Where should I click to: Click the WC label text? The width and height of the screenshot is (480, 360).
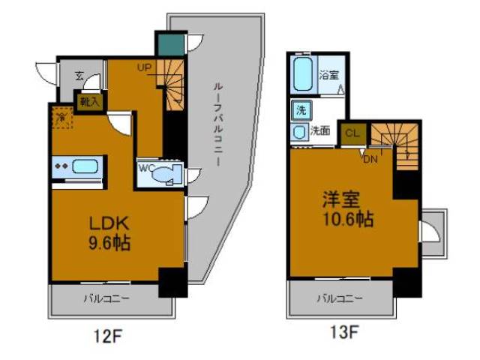145,167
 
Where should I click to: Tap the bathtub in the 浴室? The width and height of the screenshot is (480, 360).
304,74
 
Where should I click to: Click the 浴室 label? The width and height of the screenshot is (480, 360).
328,75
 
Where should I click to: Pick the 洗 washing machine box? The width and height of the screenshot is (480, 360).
301,109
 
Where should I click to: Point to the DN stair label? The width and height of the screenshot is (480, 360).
370,159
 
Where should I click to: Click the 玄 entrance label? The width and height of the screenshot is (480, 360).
80,74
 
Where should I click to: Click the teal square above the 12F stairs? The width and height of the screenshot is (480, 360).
165,43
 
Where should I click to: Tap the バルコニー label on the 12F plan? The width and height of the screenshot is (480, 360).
106,298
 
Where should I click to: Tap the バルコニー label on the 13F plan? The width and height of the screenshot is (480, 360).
339,298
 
